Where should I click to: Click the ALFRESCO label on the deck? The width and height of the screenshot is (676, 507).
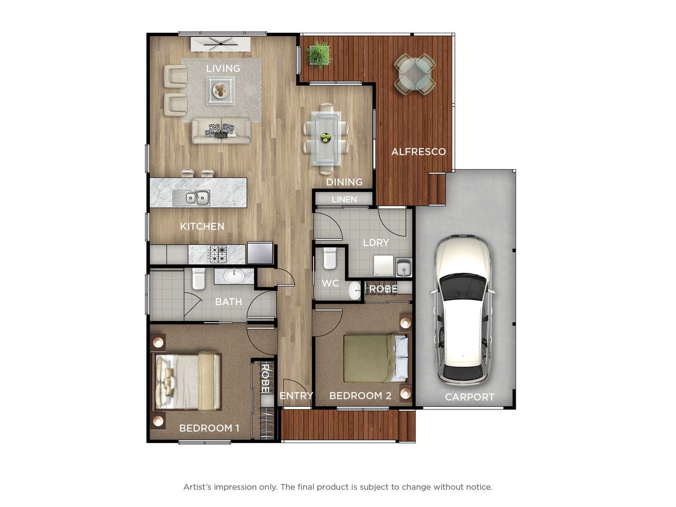pyautogui.click(x=418, y=152)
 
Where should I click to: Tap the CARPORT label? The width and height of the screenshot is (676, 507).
pyautogui.click(x=469, y=397)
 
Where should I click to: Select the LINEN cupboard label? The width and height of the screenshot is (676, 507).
pyautogui.click(x=344, y=200)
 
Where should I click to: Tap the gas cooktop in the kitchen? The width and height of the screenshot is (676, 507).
pyautogui.click(x=218, y=254)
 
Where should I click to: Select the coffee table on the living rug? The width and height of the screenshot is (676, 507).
pyautogui.click(x=221, y=91)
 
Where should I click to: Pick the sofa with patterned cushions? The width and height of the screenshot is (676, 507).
pyautogui.click(x=221, y=130)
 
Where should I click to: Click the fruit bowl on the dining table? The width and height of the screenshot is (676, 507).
pyautogui.click(x=325, y=138)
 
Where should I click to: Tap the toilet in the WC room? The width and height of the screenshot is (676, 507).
pyautogui.click(x=330, y=258)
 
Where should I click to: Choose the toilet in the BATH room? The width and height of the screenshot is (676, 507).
pyautogui.click(x=199, y=278)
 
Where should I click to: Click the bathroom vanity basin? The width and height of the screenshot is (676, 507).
pyautogui.click(x=234, y=276)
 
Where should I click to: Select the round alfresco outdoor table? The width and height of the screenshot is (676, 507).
pyautogui.click(x=415, y=74)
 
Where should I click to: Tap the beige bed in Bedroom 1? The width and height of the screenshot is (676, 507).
pyautogui.click(x=188, y=382)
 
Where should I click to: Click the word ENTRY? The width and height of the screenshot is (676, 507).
pyautogui.click(x=296, y=396)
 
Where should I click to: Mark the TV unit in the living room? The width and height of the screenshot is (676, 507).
pyautogui.click(x=220, y=44)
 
